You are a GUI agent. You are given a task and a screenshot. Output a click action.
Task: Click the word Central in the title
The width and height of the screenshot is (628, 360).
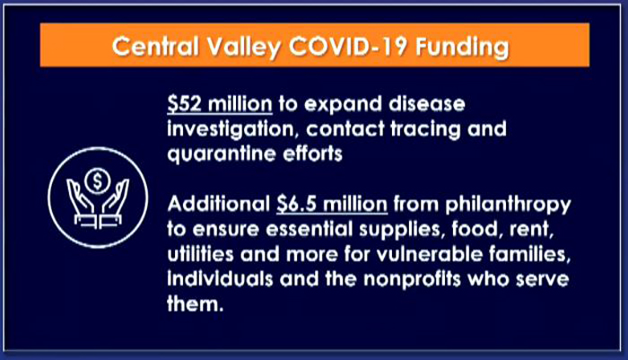[x=156, y=46]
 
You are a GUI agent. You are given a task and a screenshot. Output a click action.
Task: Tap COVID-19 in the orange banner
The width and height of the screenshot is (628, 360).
[x=348, y=46]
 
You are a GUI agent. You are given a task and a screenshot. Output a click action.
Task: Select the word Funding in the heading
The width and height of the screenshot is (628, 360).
[x=463, y=48]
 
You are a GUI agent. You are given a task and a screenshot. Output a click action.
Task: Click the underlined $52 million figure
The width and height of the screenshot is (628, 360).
[x=220, y=104]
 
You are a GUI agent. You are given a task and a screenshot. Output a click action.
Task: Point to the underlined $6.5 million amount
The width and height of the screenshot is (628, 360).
[x=332, y=204]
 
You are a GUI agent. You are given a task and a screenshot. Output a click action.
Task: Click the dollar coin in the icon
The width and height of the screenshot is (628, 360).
[x=97, y=181]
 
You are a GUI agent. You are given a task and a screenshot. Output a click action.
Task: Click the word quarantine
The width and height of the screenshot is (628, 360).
[x=222, y=154]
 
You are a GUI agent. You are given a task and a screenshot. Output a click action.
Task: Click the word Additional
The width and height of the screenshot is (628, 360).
[x=219, y=204]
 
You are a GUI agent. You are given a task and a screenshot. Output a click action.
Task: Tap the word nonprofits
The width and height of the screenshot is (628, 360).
[x=413, y=279]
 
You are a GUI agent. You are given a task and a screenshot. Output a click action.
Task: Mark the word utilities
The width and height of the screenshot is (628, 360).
[x=200, y=254]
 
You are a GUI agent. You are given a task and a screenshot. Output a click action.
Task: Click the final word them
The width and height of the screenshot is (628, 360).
[x=195, y=303]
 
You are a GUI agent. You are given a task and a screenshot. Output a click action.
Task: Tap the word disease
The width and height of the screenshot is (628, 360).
[x=427, y=104]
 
